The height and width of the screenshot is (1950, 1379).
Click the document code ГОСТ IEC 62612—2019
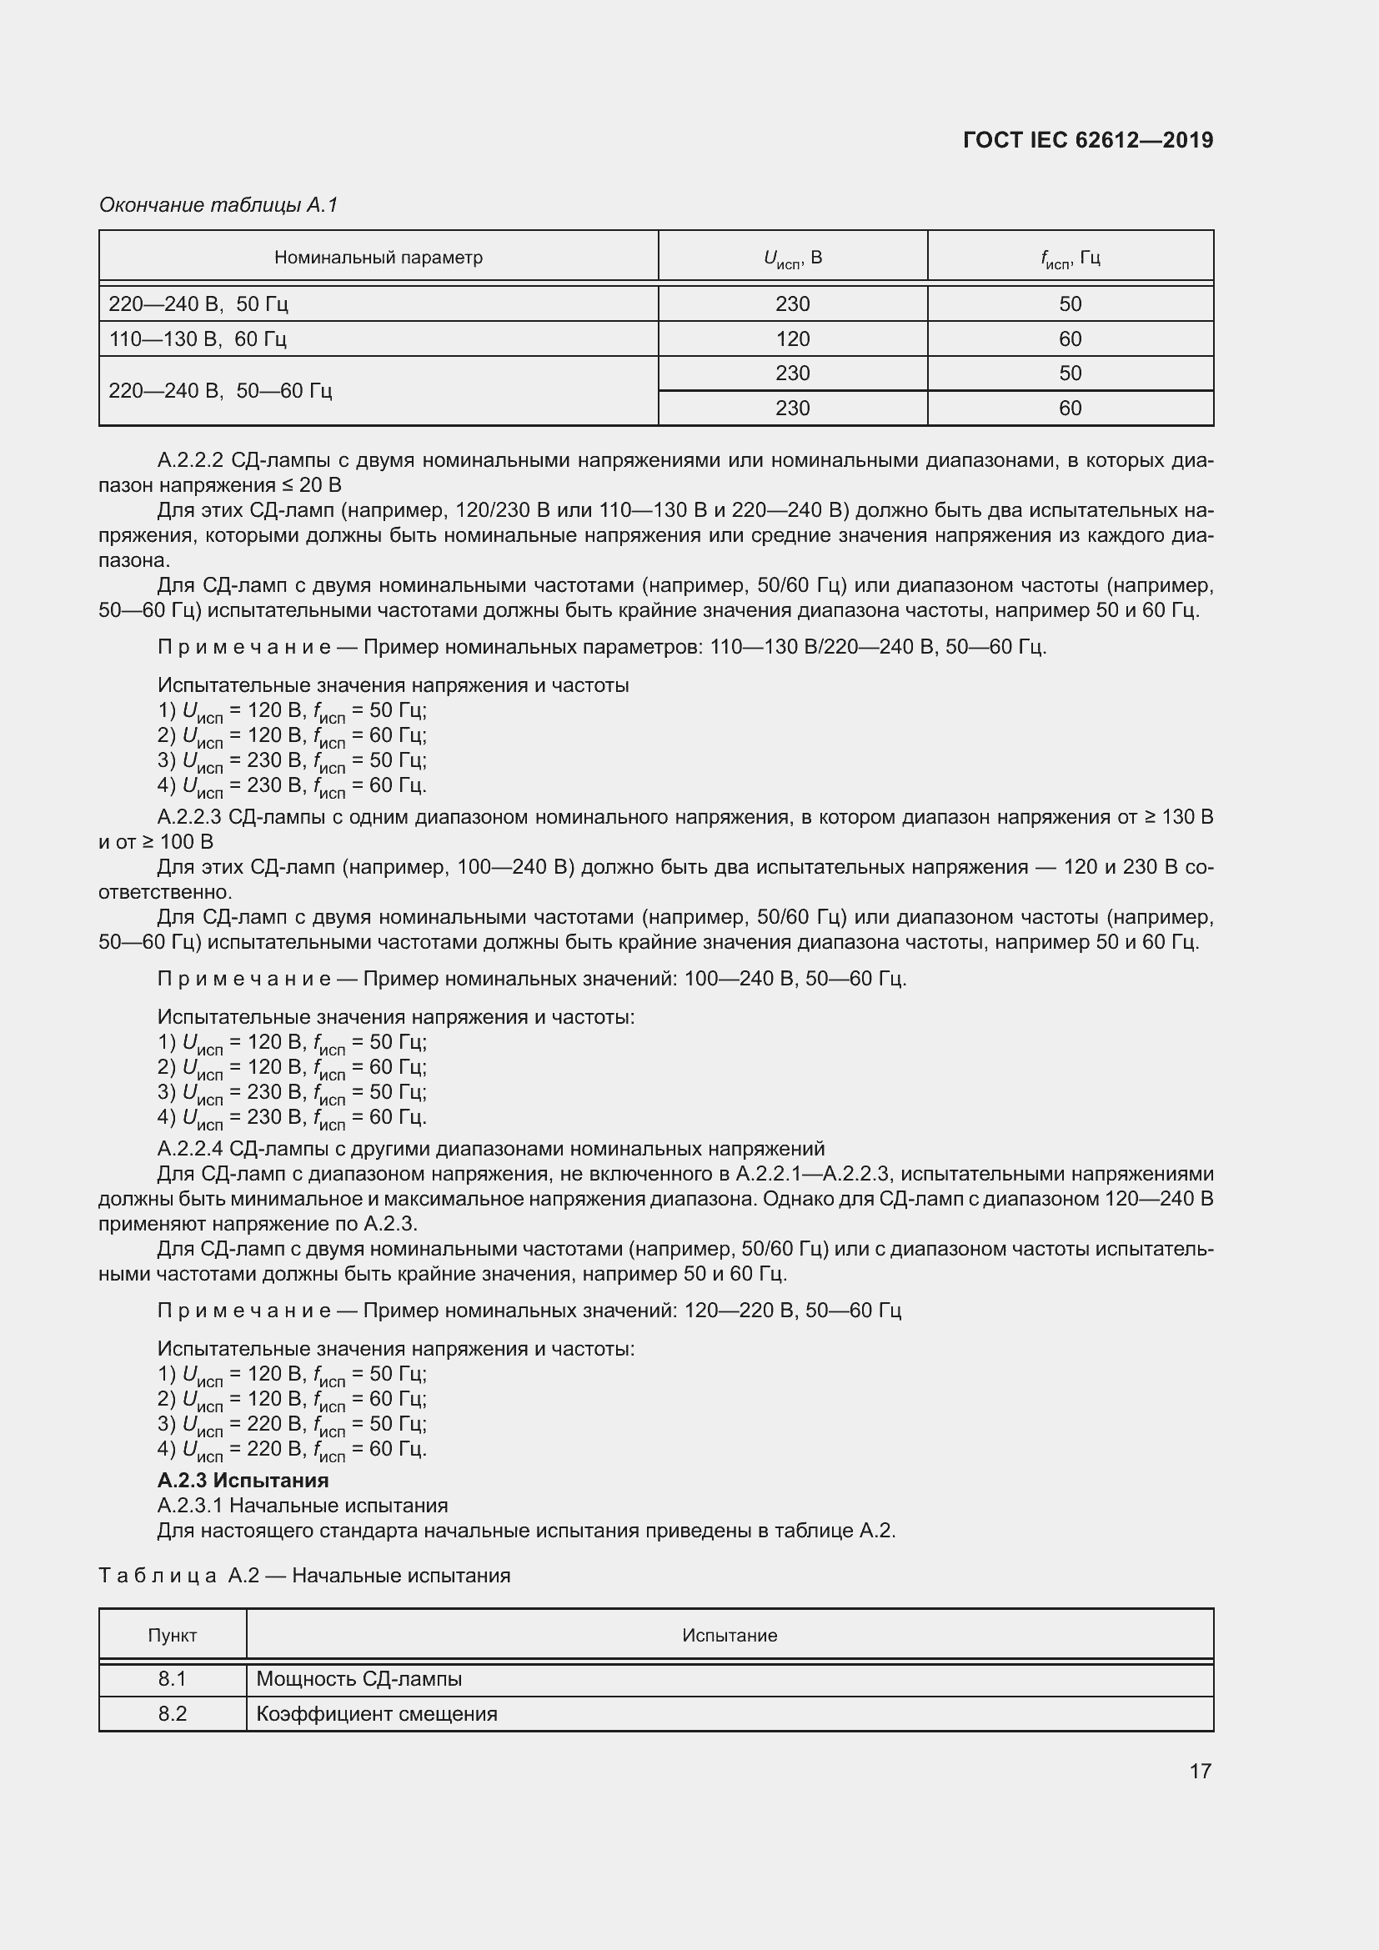pyautogui.click(x=1088, y=140)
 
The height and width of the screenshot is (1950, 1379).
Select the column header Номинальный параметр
pyautogui.click(x=378, y=258)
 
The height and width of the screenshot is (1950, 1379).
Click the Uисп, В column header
pyautogui.click(x=792, y=258)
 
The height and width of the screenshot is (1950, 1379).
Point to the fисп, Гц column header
pyautogui.click(x=1070, y=258)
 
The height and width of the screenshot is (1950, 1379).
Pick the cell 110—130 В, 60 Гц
pyautogui.click(x=198, y=338)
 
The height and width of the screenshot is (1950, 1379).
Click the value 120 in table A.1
pyautogui.click(x=792, y=338)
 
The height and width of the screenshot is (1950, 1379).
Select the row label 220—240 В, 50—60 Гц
pyautogui.click(x=220, y=391)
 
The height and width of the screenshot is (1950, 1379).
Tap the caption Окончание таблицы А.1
pyautogui.click(x=218, y=205)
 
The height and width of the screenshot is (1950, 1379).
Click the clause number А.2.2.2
pyautogui.click(x=189, y=460)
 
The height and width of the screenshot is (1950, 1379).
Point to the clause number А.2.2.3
pyautogui.click(x=189, y=817)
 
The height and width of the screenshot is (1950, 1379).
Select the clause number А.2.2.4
pyautogui.click(x=189, y=1149)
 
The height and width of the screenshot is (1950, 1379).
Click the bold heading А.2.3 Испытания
pyautogui.click(x=243, y=1481)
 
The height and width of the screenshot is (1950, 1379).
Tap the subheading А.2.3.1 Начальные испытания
pyautogui.click(x=303, y=1506)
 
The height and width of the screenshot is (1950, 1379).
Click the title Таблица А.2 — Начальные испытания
pyautogui.click(x=304, y=1576)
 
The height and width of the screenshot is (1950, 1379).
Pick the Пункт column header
pyautogui.click(x=173, y=1635)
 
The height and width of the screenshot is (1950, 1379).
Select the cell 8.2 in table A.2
pyautogui.click(x=173, y=1713)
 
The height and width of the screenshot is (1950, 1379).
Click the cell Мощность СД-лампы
pyautogui.click(x=359, y=1678)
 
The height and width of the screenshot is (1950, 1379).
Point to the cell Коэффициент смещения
pyautogui.click(x=376, y=1713)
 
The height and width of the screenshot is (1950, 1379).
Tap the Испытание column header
pyautogui.click(x=730, y=1635)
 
